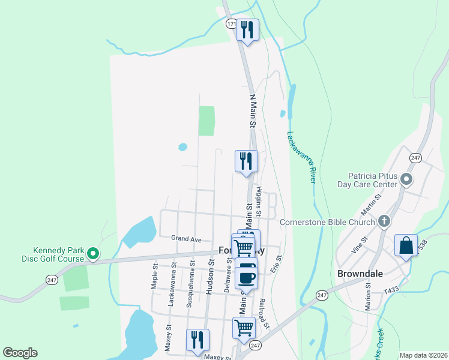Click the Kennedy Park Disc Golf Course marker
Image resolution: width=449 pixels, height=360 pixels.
[x=93, y=254]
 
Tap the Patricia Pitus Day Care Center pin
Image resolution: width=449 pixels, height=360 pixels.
[x=406, y=179]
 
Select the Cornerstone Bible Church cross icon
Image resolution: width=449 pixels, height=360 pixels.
[x=385, y=222]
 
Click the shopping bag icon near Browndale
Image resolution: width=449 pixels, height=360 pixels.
[x=406, y=246]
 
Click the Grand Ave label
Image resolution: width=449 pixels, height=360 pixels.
[x=186, y=239]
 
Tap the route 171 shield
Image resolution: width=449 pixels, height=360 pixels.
[x=231, y=24]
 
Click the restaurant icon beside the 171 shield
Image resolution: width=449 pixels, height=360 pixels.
[x=247, y=29]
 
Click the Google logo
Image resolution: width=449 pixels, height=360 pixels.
[x=20, y=353]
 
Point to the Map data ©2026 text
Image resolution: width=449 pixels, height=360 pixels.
[x=423, y=355]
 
